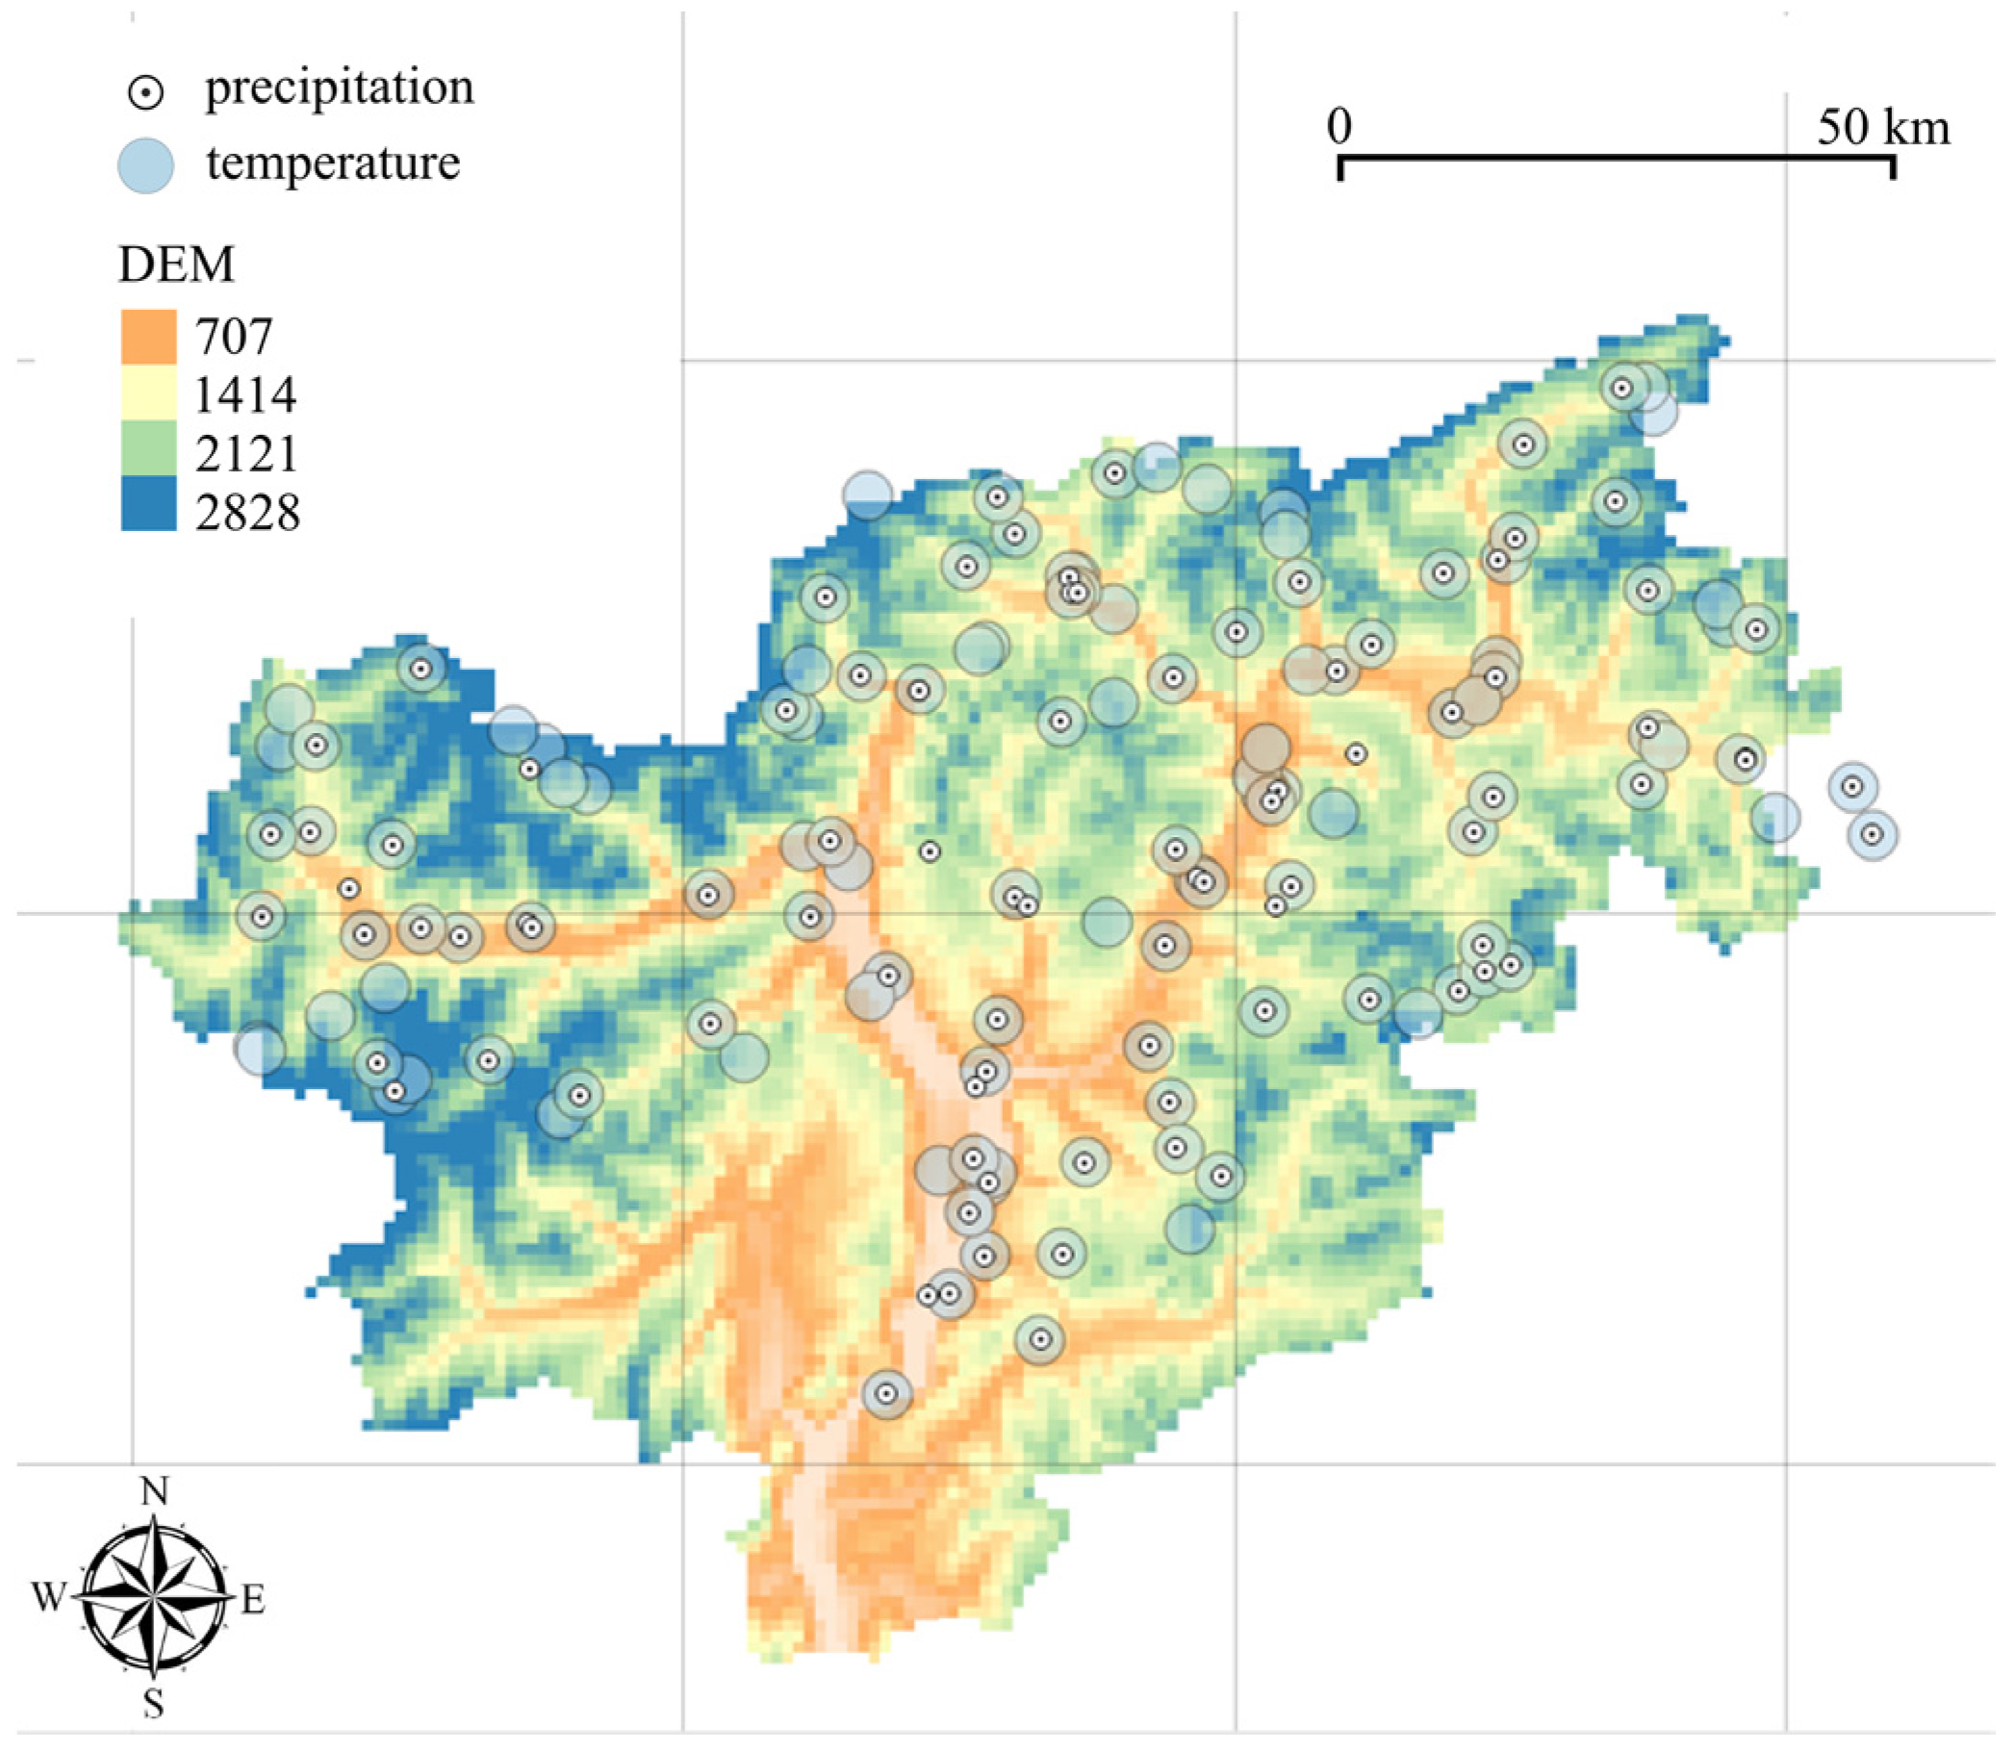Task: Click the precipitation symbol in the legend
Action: [x=145, y=92]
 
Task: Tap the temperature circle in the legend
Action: [x=145, y=165]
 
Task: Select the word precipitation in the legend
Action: [x=339, y=88]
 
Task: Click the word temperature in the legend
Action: [x=332, y=163]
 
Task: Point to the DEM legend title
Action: [x=177, y=264]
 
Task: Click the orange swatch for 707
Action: [x=148, y=336]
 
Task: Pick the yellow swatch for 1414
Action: [x=148, y=393]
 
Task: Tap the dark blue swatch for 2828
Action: [x=148, y=504]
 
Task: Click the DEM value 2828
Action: [x=247, y=512]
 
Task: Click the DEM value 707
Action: [x=234, y=336]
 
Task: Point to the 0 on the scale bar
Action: [x=1340, y=126]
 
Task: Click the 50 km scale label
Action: [x=1883, y=127]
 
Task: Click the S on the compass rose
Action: [x=153, y=1704]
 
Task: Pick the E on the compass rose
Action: [x=252, y=1600]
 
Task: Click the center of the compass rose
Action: [x=153, y=1598]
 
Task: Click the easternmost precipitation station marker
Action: [x=1872, y=835]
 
